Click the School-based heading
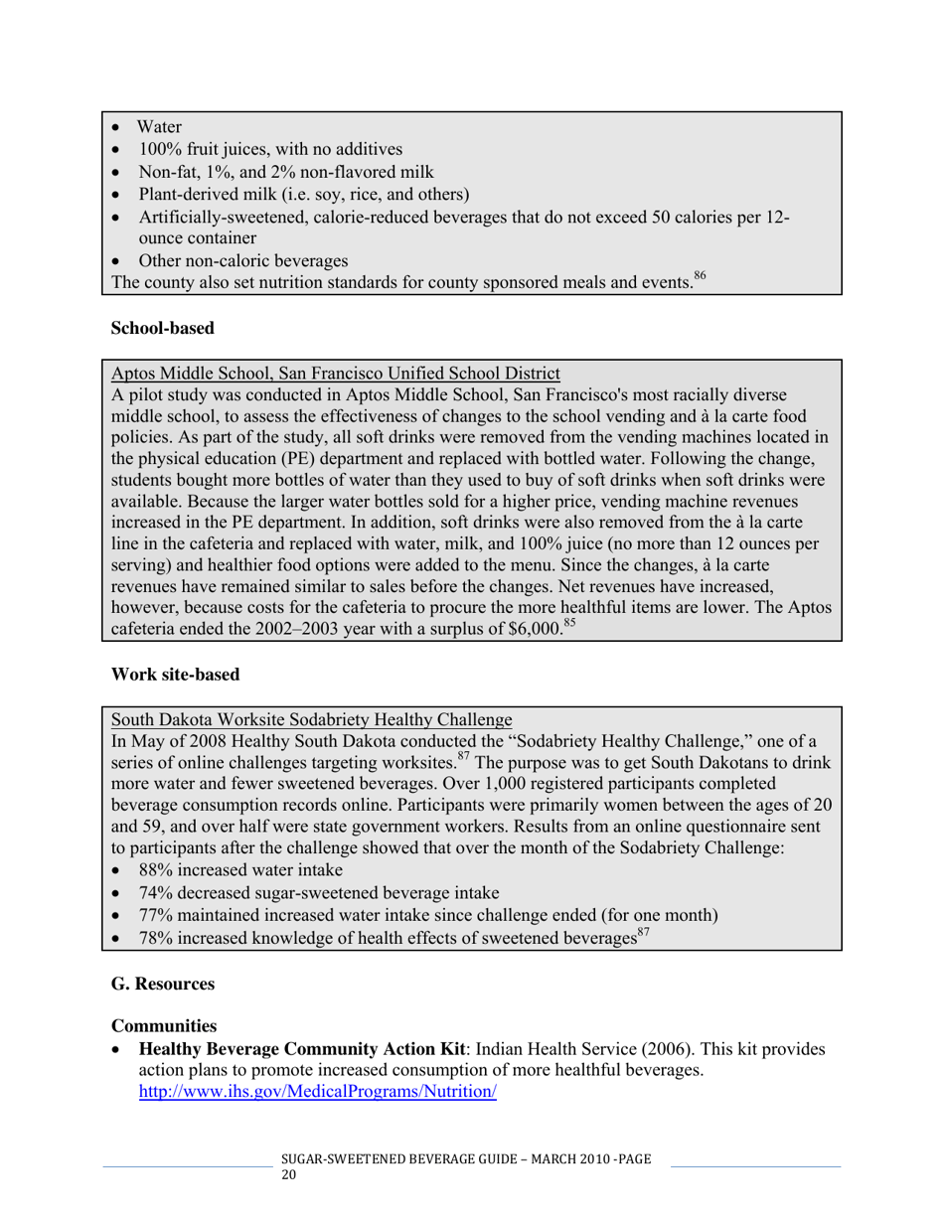(162, 328)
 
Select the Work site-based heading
(175, 675)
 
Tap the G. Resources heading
(163, 984)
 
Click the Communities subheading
(164, 1024)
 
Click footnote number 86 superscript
(700, 277)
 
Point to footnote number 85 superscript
(569, 624)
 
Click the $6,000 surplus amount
(535, 631)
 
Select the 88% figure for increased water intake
(157, 869)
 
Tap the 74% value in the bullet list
(157, 892)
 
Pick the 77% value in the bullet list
(157, 915)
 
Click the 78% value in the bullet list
(157, 939)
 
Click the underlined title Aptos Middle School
(335, 374)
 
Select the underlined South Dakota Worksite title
(311, 719)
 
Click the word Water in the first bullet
(159, 127)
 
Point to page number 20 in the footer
(289, 1174)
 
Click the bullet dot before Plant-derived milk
(118, 195)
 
